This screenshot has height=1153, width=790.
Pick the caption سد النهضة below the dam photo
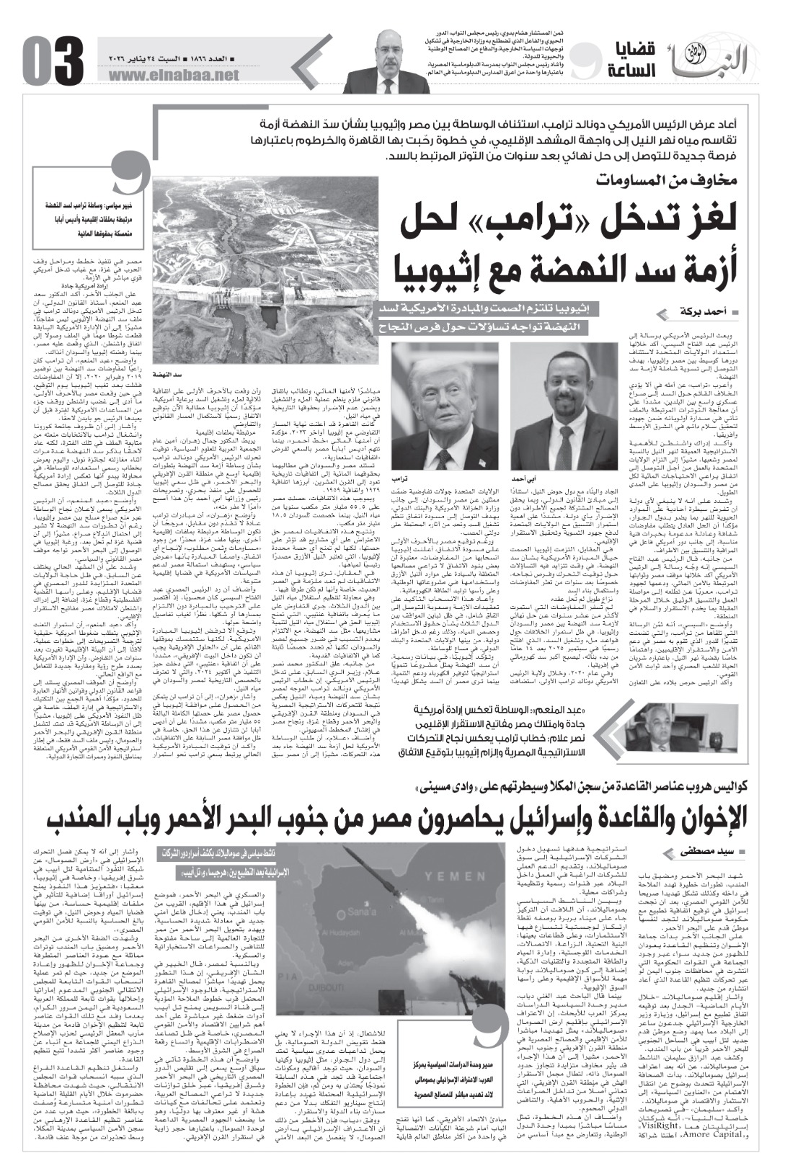tap(167, 375)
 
